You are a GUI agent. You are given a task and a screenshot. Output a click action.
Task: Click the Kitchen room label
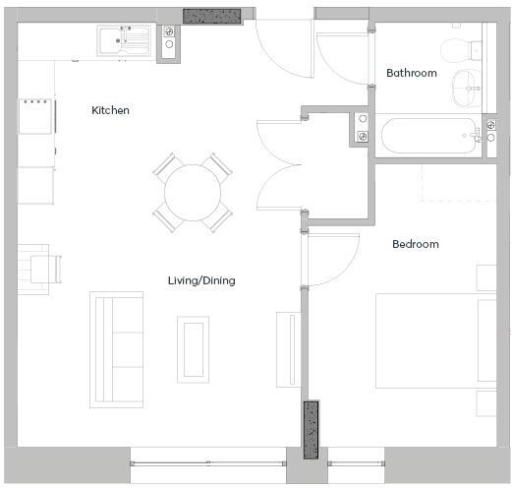[110, 110]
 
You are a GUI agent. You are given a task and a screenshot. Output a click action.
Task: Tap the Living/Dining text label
[201, 281]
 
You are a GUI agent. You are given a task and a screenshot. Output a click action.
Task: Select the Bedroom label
[415, 244]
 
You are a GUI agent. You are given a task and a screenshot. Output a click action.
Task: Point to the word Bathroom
[411, 73]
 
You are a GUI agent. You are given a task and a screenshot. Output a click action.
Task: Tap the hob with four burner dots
[37, 114]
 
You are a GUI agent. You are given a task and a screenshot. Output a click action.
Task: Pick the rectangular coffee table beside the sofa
[193, 348]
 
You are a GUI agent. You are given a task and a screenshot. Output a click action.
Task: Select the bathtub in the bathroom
[428, 136]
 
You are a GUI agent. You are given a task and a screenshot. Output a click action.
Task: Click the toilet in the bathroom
[458, 50]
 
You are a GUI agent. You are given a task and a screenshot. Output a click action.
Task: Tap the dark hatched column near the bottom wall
[312, 430]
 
